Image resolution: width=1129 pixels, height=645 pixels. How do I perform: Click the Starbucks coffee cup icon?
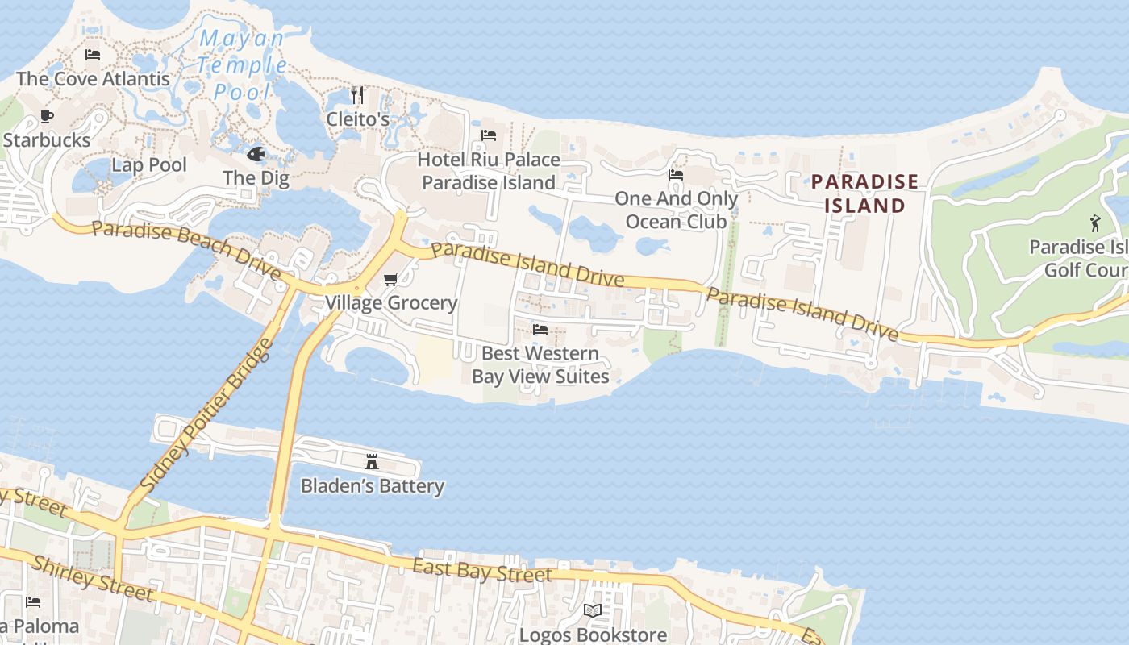point(47,117)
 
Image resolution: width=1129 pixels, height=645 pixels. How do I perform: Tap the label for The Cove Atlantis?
point(93,78)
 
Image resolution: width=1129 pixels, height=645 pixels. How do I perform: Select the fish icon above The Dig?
point(256,154)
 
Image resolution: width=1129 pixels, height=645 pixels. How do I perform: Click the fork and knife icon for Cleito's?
point(357,95)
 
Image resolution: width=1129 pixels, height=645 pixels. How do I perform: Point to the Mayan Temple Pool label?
point(242,64)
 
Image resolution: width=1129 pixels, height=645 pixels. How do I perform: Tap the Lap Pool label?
point(149,165)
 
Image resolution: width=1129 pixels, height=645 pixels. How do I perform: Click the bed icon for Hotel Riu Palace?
point(489,135)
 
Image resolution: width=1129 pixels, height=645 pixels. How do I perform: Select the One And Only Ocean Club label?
point(676,210)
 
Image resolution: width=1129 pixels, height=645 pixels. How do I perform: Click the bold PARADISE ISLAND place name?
point(864,193)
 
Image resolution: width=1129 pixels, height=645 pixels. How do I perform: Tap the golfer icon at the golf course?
point(1094,223)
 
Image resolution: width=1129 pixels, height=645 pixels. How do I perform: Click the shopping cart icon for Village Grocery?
point(391,280)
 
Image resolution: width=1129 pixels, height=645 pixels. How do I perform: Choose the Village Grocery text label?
point(391,303)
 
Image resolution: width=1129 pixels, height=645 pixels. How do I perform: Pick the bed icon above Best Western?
point(540,330)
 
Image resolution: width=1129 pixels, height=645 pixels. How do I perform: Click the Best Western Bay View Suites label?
point(540,364)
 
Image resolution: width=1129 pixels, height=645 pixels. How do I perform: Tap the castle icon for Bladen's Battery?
point(372,462)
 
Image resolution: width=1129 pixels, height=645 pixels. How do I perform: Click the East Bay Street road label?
point(482,570)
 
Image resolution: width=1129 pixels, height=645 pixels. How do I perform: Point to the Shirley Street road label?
point(91,578)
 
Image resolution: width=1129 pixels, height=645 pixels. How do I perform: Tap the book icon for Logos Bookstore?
point(593,611)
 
